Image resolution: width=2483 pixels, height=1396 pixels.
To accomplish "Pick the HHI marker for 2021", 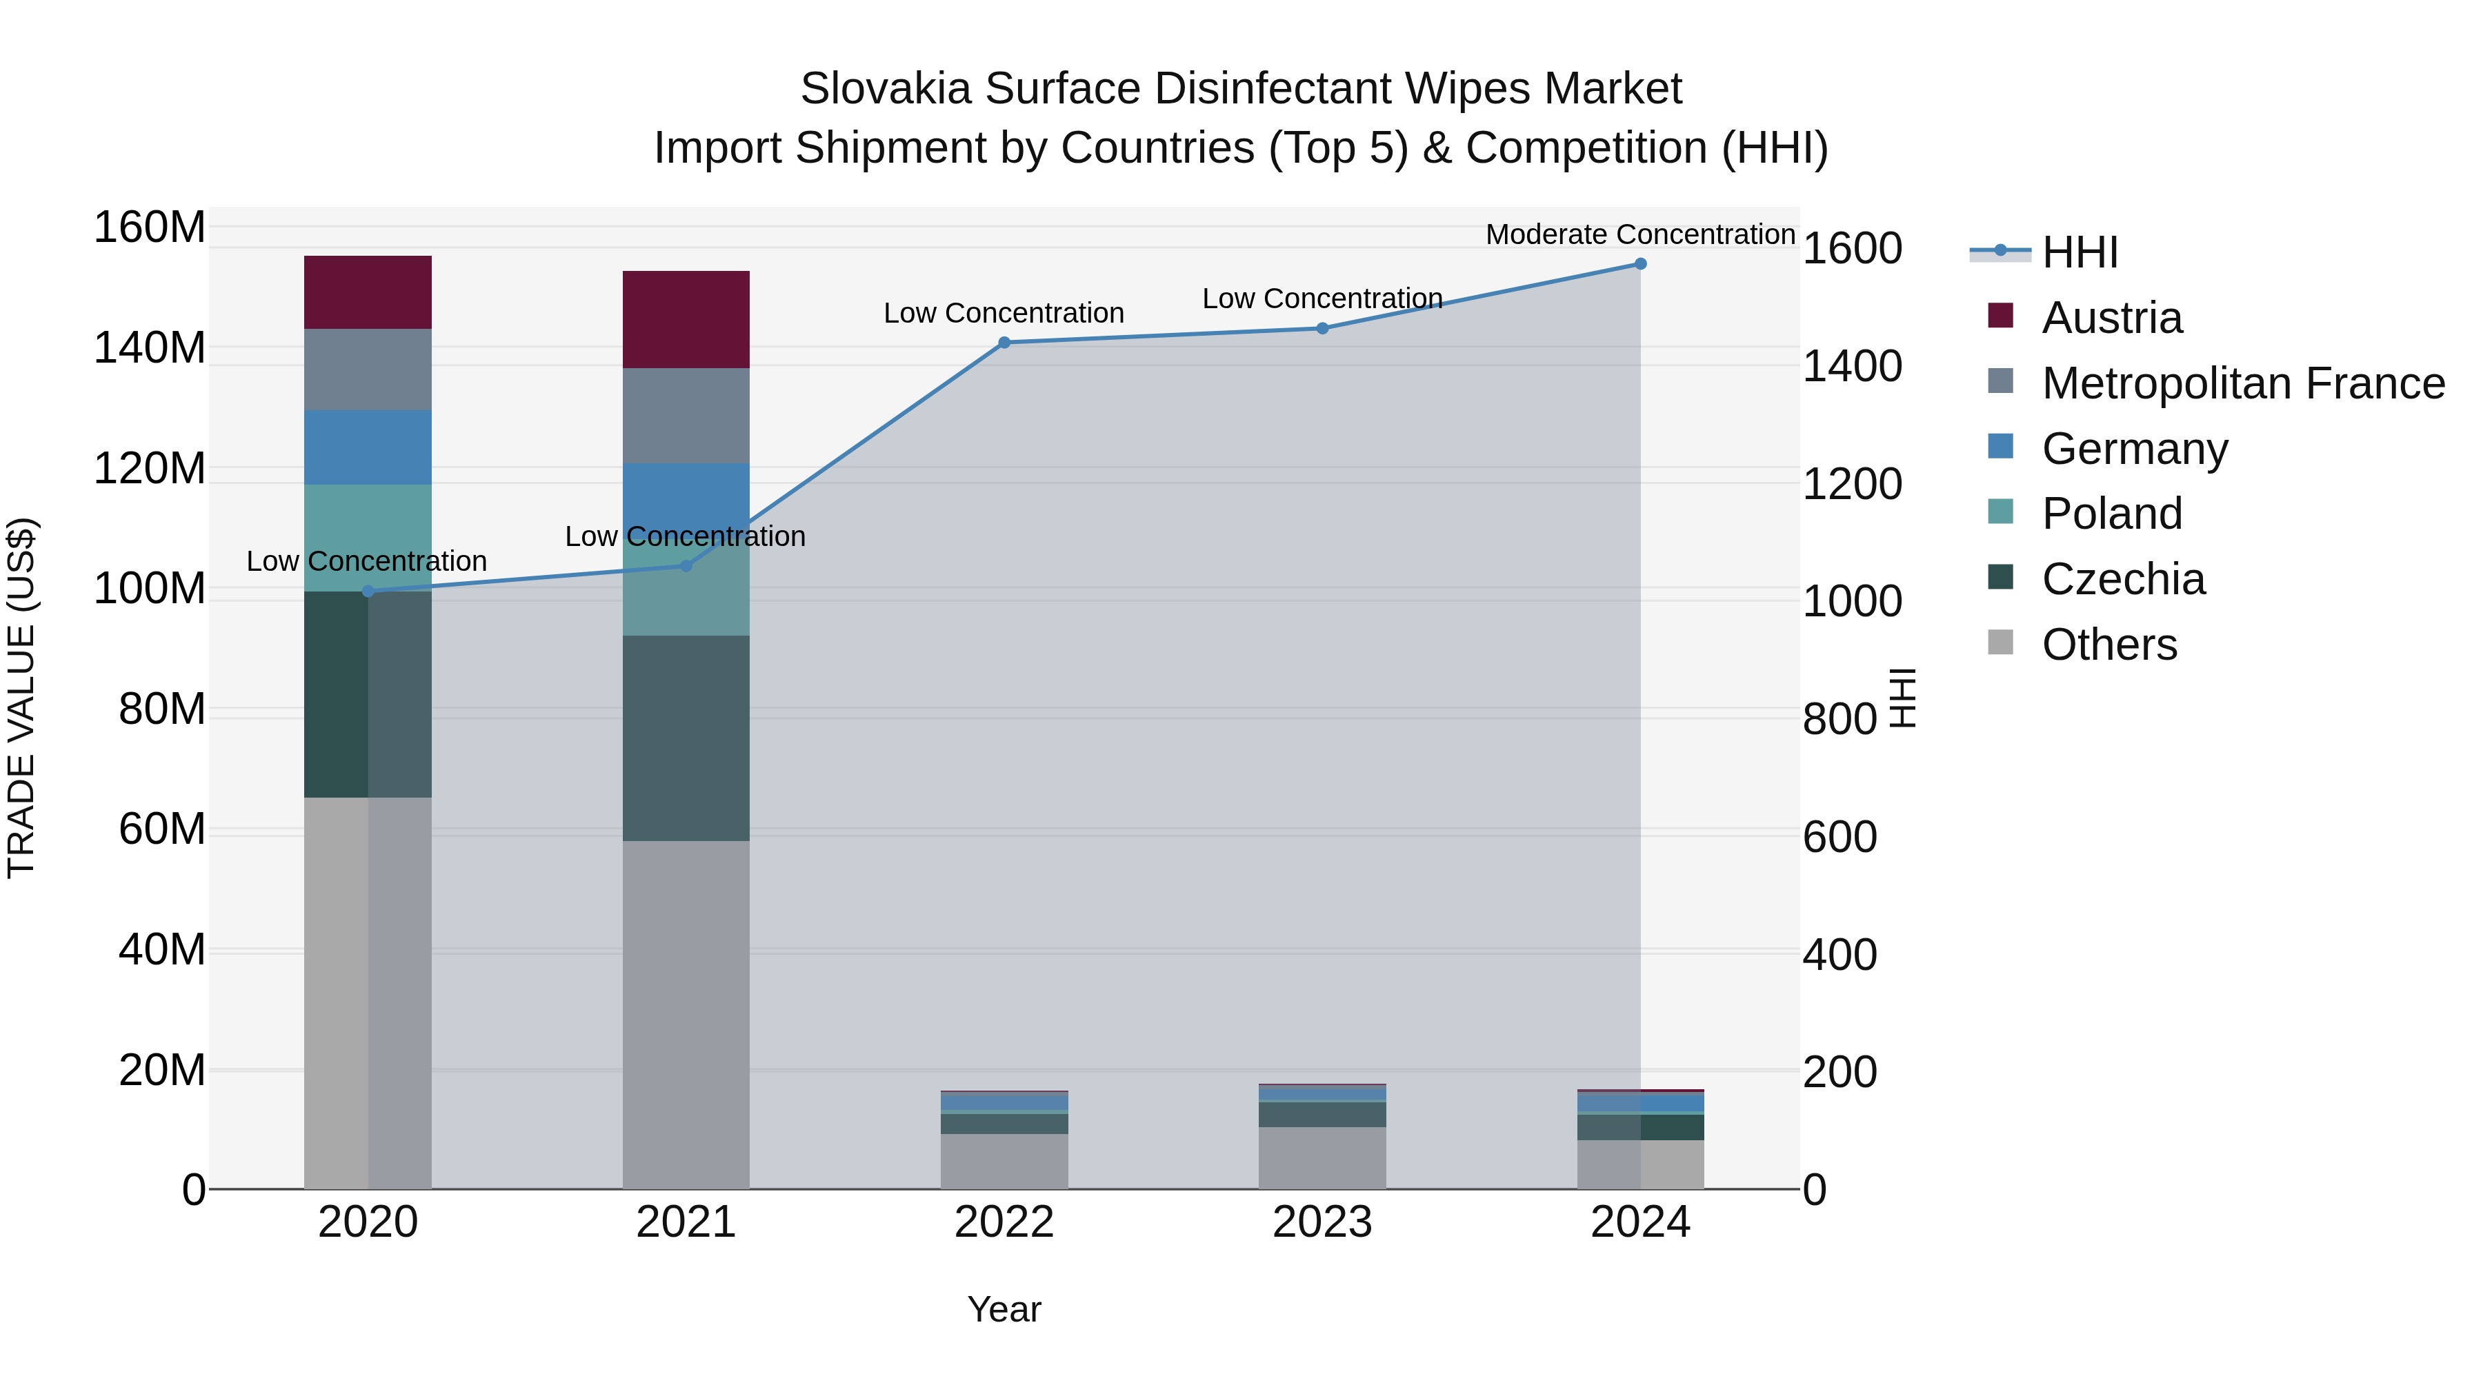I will (x=686, y=565).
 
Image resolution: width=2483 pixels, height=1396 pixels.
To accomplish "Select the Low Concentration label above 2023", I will (x=1322, y=299).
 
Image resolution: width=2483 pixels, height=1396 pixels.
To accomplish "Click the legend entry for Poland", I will (x=2111, y=514).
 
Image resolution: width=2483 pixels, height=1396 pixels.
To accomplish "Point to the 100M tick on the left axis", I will (x=150, y=589).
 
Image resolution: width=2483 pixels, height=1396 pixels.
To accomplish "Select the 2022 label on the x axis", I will (x=1004, y=1222).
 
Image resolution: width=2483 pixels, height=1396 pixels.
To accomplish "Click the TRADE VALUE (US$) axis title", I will (x=21, y=698).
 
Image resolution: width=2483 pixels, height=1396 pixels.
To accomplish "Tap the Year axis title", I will (x=1004, y=1309).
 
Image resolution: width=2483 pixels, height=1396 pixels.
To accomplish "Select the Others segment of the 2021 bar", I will (x=686, y=1013).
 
